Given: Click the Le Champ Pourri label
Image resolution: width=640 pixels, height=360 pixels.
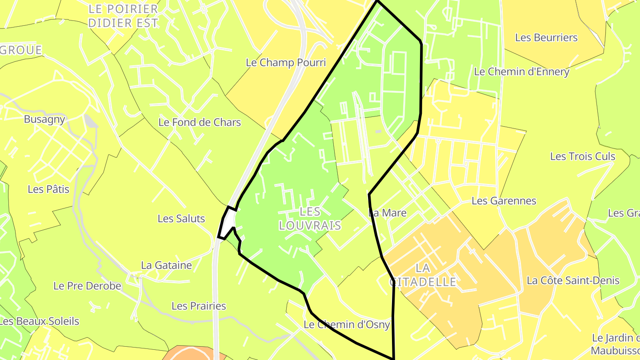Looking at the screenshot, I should (286, 63).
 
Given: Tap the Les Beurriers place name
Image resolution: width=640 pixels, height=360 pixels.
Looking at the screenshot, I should (546, 38).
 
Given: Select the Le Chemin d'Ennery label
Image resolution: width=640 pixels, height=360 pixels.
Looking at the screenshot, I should (521, 72).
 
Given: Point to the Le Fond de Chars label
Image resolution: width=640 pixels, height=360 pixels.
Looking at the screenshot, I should (200, 122).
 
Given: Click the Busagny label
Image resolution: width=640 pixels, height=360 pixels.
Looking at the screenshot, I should (44, 119).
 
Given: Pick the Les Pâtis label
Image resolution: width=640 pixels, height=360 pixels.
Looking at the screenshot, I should (48, 189).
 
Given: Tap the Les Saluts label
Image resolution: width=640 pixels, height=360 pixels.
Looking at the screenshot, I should (181, 219).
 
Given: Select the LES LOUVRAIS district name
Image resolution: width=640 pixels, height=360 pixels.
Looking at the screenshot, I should (310, 218).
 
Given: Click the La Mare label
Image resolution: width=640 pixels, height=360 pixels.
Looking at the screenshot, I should (388, 213).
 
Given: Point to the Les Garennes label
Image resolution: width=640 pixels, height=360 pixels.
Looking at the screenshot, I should (504, 201).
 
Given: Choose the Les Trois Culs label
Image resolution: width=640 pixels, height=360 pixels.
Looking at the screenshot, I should (582, 156).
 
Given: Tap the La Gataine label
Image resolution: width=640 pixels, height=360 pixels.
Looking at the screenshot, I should (166, 265).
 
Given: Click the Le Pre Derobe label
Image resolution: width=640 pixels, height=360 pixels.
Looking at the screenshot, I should (87, 286).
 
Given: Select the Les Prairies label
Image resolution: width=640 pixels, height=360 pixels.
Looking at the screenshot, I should (199, 306).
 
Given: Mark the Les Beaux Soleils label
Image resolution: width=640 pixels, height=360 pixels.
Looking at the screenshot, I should (39, 321).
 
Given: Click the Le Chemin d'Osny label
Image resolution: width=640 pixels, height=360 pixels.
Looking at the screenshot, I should (347, 324).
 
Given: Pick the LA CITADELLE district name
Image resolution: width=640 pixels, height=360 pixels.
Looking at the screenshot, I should (423, 275).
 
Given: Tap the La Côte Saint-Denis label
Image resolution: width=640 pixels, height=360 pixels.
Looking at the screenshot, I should (573, 280).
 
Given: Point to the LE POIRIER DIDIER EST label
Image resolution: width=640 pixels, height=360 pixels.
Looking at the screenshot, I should (123, 16).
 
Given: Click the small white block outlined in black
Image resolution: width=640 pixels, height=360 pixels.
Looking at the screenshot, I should (228, 223).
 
